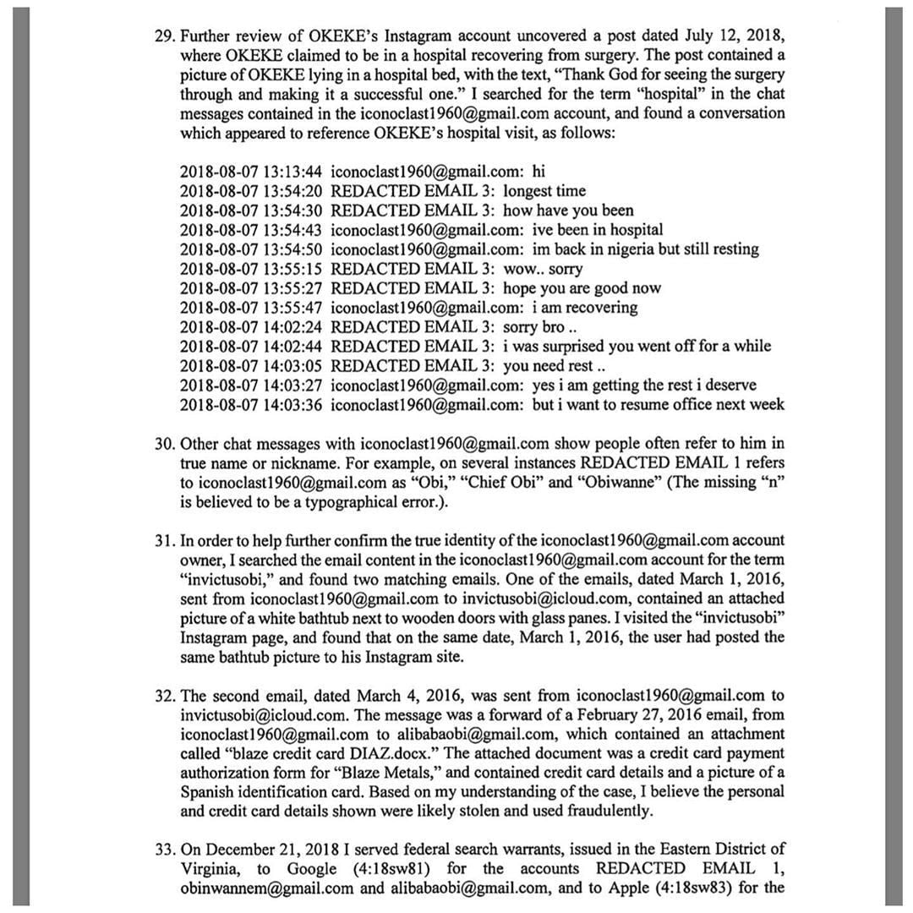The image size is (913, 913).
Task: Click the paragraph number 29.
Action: (x=164, y=36)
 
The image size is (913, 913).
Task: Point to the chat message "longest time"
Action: (x=544, y=191)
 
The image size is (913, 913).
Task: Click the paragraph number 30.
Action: (x=164, y=444)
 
